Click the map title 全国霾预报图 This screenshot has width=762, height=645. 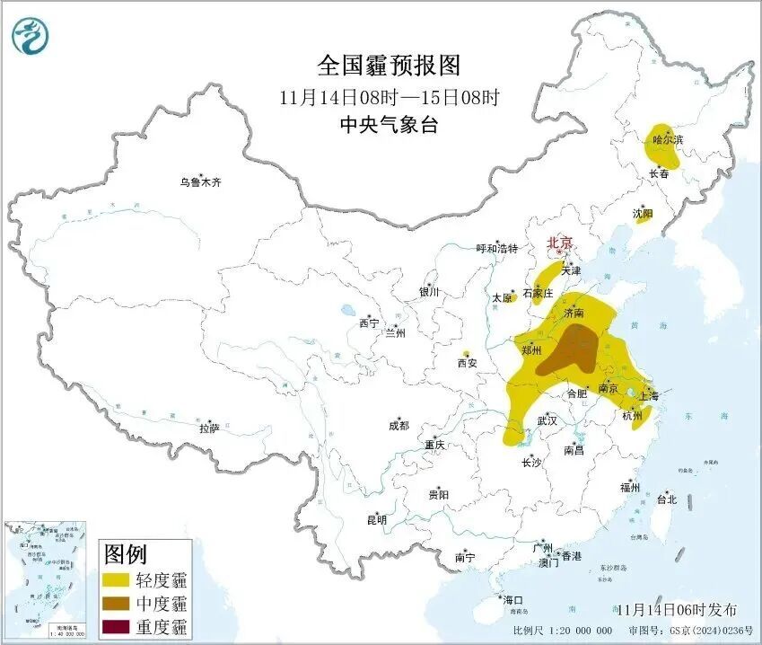point(388,66)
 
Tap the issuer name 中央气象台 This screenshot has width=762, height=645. point(388,126)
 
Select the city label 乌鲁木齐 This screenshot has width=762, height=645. point(199,182)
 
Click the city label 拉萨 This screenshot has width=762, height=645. point(209,429)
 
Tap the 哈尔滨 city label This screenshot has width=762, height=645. point(667,140)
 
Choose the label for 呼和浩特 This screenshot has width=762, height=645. point(496,249)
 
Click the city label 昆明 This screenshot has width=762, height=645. point(376,519)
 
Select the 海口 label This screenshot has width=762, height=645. point(512,600)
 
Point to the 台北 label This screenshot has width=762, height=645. point(667,499)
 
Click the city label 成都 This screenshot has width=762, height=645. point(399,426)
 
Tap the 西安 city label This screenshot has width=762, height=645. point(467,363)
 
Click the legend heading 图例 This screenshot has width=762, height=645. point(126,552)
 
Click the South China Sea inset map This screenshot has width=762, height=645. point(46,574)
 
